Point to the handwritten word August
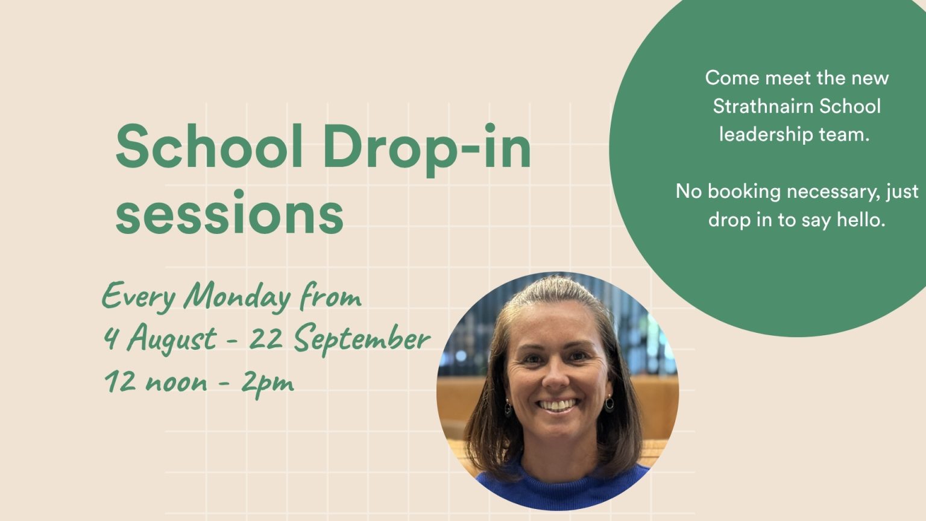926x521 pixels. (x=172, y=338)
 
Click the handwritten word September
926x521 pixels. (x=362, y=339)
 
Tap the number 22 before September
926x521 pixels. (x=265, y=338)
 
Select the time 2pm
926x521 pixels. (x=268, y=382)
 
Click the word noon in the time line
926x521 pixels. (x=176, y=384)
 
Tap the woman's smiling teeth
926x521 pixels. (x=557, y=405)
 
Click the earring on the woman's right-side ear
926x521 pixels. (x=609, y=402)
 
